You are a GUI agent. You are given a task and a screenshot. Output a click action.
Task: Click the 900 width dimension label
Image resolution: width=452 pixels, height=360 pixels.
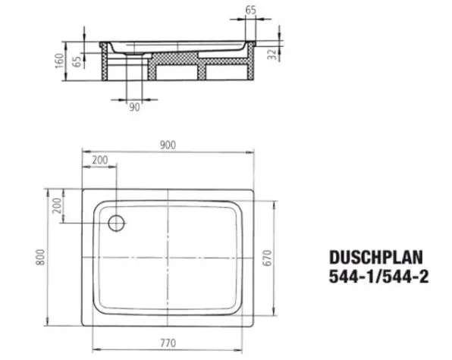[x=168, y=145]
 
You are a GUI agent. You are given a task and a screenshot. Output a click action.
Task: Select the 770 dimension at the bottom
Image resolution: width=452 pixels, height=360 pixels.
[x=168, y=343]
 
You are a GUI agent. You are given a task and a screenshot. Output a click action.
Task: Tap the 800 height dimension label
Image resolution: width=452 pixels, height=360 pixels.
[x=41, y=257]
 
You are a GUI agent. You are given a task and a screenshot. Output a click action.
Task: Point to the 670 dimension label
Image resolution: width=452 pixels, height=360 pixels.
[x=267, y=258]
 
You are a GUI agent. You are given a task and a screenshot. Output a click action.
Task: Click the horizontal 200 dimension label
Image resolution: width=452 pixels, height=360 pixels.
[x=100, y=160]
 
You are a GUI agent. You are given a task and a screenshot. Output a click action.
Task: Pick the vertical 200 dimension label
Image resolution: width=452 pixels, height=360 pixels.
[x=58, y=205]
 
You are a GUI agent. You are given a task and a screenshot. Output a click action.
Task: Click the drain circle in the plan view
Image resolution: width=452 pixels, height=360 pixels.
[x=117, y=223]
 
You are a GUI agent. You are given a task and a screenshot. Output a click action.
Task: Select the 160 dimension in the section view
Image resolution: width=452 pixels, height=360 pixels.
[x=59, y=61]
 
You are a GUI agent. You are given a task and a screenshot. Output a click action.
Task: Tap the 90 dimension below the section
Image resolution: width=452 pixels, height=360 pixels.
[x=134, y=107]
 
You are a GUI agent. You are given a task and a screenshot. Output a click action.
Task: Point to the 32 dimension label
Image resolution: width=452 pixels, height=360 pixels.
[x=272, y=54]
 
